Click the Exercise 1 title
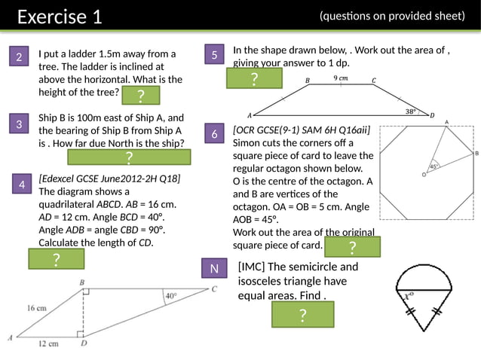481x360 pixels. tap(59, 17)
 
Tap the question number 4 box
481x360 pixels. tap(23, 184)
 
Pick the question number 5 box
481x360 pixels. tap(215, 55)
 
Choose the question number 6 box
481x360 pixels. tap(215, 134)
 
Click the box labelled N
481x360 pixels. tap(215, 269)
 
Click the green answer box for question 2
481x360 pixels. tap(141, 95)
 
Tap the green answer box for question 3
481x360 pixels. tap(129, 157)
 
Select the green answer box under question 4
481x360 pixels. tap(57, 259)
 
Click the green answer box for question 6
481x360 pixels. tap(353, 247)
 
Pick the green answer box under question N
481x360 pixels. tap(302, 316)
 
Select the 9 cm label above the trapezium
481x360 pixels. tap(341, 78)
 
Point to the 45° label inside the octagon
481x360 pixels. tap(434, 166)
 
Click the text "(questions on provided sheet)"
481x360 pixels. tap(392, 16)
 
